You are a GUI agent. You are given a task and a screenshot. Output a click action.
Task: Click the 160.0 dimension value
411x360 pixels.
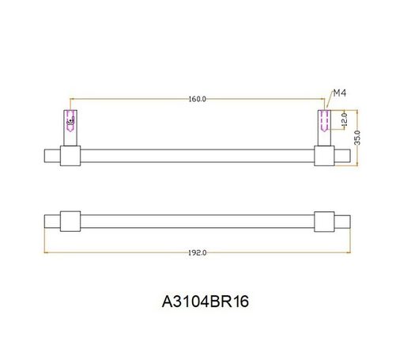[x=198, y=99]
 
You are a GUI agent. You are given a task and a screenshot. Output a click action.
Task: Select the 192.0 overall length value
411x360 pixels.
[x=198, y=253]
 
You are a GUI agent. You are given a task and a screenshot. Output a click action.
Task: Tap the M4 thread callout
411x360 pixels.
[x=340, y=93]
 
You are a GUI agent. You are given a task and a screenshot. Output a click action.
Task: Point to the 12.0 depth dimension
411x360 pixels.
[x=345, y=119]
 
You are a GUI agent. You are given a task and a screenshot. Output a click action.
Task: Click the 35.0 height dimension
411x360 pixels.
[x=357, y=138]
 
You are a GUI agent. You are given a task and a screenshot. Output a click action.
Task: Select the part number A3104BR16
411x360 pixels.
[x=205, y=301]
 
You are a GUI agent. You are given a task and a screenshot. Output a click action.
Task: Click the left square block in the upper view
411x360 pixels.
[x=70, y=156]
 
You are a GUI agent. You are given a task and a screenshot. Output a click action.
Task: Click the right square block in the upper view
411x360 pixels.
[x=324, y=156]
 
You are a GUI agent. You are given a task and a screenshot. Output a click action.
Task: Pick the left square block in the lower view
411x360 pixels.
[x=70, y=222]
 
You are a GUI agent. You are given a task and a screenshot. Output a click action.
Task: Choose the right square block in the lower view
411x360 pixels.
[x=324, y=222]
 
